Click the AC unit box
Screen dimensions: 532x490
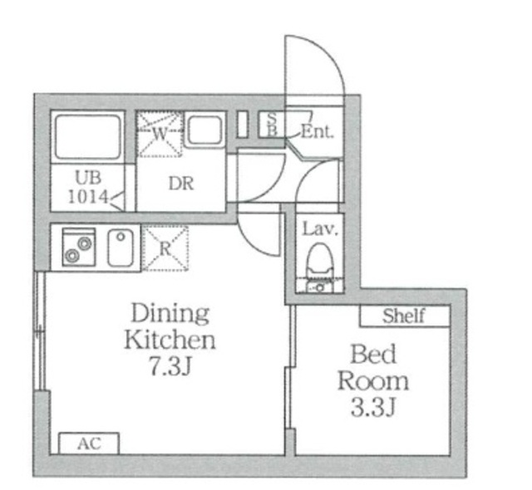click(x=89, y=443)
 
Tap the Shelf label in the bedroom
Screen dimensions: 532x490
click(x=403, y=316)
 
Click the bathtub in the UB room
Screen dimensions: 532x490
click(x=88, y=136)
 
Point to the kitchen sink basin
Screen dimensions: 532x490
click(x=121, y=247)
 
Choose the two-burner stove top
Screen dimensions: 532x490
click(x=79, y=247)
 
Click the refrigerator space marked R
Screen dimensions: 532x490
click(x=165, y=248)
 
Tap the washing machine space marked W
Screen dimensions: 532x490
click(x=160, y=135)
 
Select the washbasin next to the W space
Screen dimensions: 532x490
click(x=205, y=130)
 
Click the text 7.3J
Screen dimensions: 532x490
click(x=170, y=366)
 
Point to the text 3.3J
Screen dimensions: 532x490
click(x=373, y=407)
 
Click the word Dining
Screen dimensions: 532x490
click(x=170, y=313)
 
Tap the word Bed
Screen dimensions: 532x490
click(x=373, y=354)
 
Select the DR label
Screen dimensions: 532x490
click(x=181, y=184)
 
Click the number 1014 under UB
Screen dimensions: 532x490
click(x=88, y=196)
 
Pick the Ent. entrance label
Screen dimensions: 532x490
click(x=318, y=131)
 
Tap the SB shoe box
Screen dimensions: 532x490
click(x=272, y=124)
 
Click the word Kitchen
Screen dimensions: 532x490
click(x=170, y=340)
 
